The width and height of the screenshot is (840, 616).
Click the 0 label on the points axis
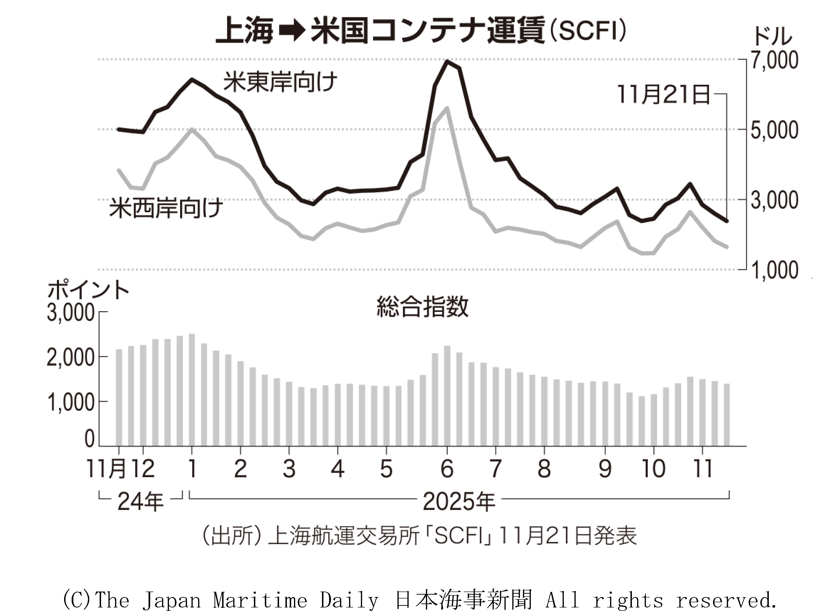89,439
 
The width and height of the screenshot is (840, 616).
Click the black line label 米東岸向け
280,82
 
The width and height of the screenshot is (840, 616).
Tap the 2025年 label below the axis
459,502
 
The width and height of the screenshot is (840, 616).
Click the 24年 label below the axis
140,502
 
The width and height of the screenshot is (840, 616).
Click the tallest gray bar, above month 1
192,390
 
